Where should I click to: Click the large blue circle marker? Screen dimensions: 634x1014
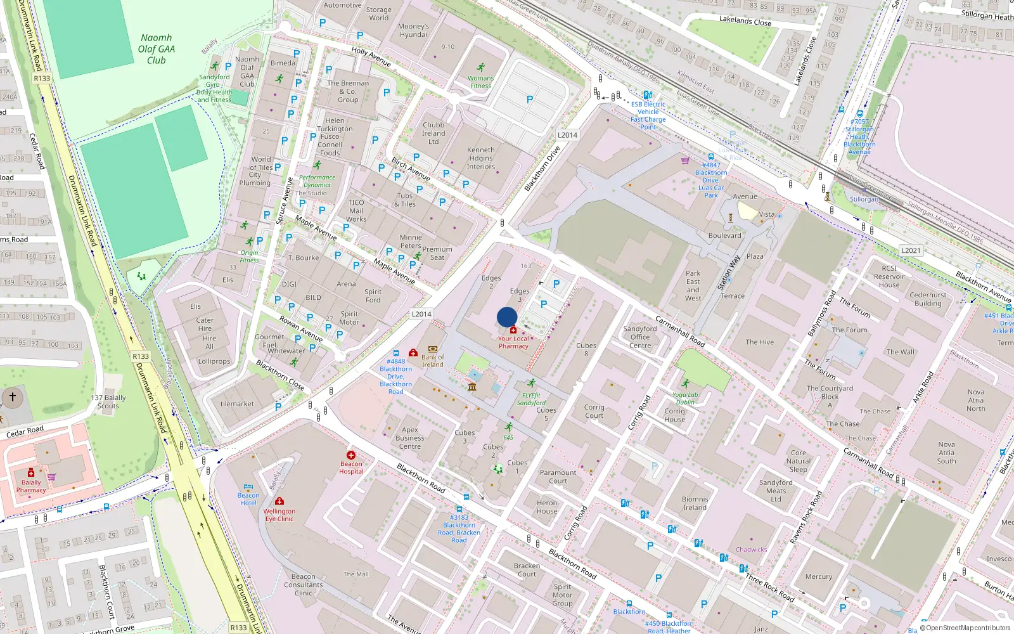[x=507, y=317]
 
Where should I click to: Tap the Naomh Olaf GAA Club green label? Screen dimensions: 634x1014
[x=157, y=49]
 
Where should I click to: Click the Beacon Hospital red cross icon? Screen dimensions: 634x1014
[x=351, y=455]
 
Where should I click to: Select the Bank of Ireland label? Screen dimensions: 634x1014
[x=433, y=361]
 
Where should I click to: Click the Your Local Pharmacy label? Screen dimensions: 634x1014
[x=513, y=342]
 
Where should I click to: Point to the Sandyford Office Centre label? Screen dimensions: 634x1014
[x=640, y=337]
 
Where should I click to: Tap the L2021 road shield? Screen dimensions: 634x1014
[x=911, y=250]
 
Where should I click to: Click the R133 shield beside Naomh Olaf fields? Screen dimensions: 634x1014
[x=42, y=78]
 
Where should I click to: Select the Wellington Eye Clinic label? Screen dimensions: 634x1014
[x=279, y=515]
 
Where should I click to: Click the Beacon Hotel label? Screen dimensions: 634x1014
[x=248, y=499]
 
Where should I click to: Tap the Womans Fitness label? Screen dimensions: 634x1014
[x=480, y=82]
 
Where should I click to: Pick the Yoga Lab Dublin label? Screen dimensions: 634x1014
[x=685, y=398]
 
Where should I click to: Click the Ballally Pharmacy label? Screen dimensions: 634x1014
[x=31, y=486]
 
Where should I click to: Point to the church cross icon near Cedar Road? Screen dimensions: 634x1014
[x=12, y=398]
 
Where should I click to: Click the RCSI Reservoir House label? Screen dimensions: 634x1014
[x=889, y=276]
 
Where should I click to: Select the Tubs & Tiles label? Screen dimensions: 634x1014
[x=405, y=200]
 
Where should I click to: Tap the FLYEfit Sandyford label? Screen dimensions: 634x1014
[x=531, y=399]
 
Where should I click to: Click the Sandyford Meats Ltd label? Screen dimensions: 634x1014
[x=776, y=491]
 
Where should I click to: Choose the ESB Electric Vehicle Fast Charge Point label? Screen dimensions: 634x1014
[x=648, y=115]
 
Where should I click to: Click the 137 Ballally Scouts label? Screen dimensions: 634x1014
[x=108, y=402]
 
